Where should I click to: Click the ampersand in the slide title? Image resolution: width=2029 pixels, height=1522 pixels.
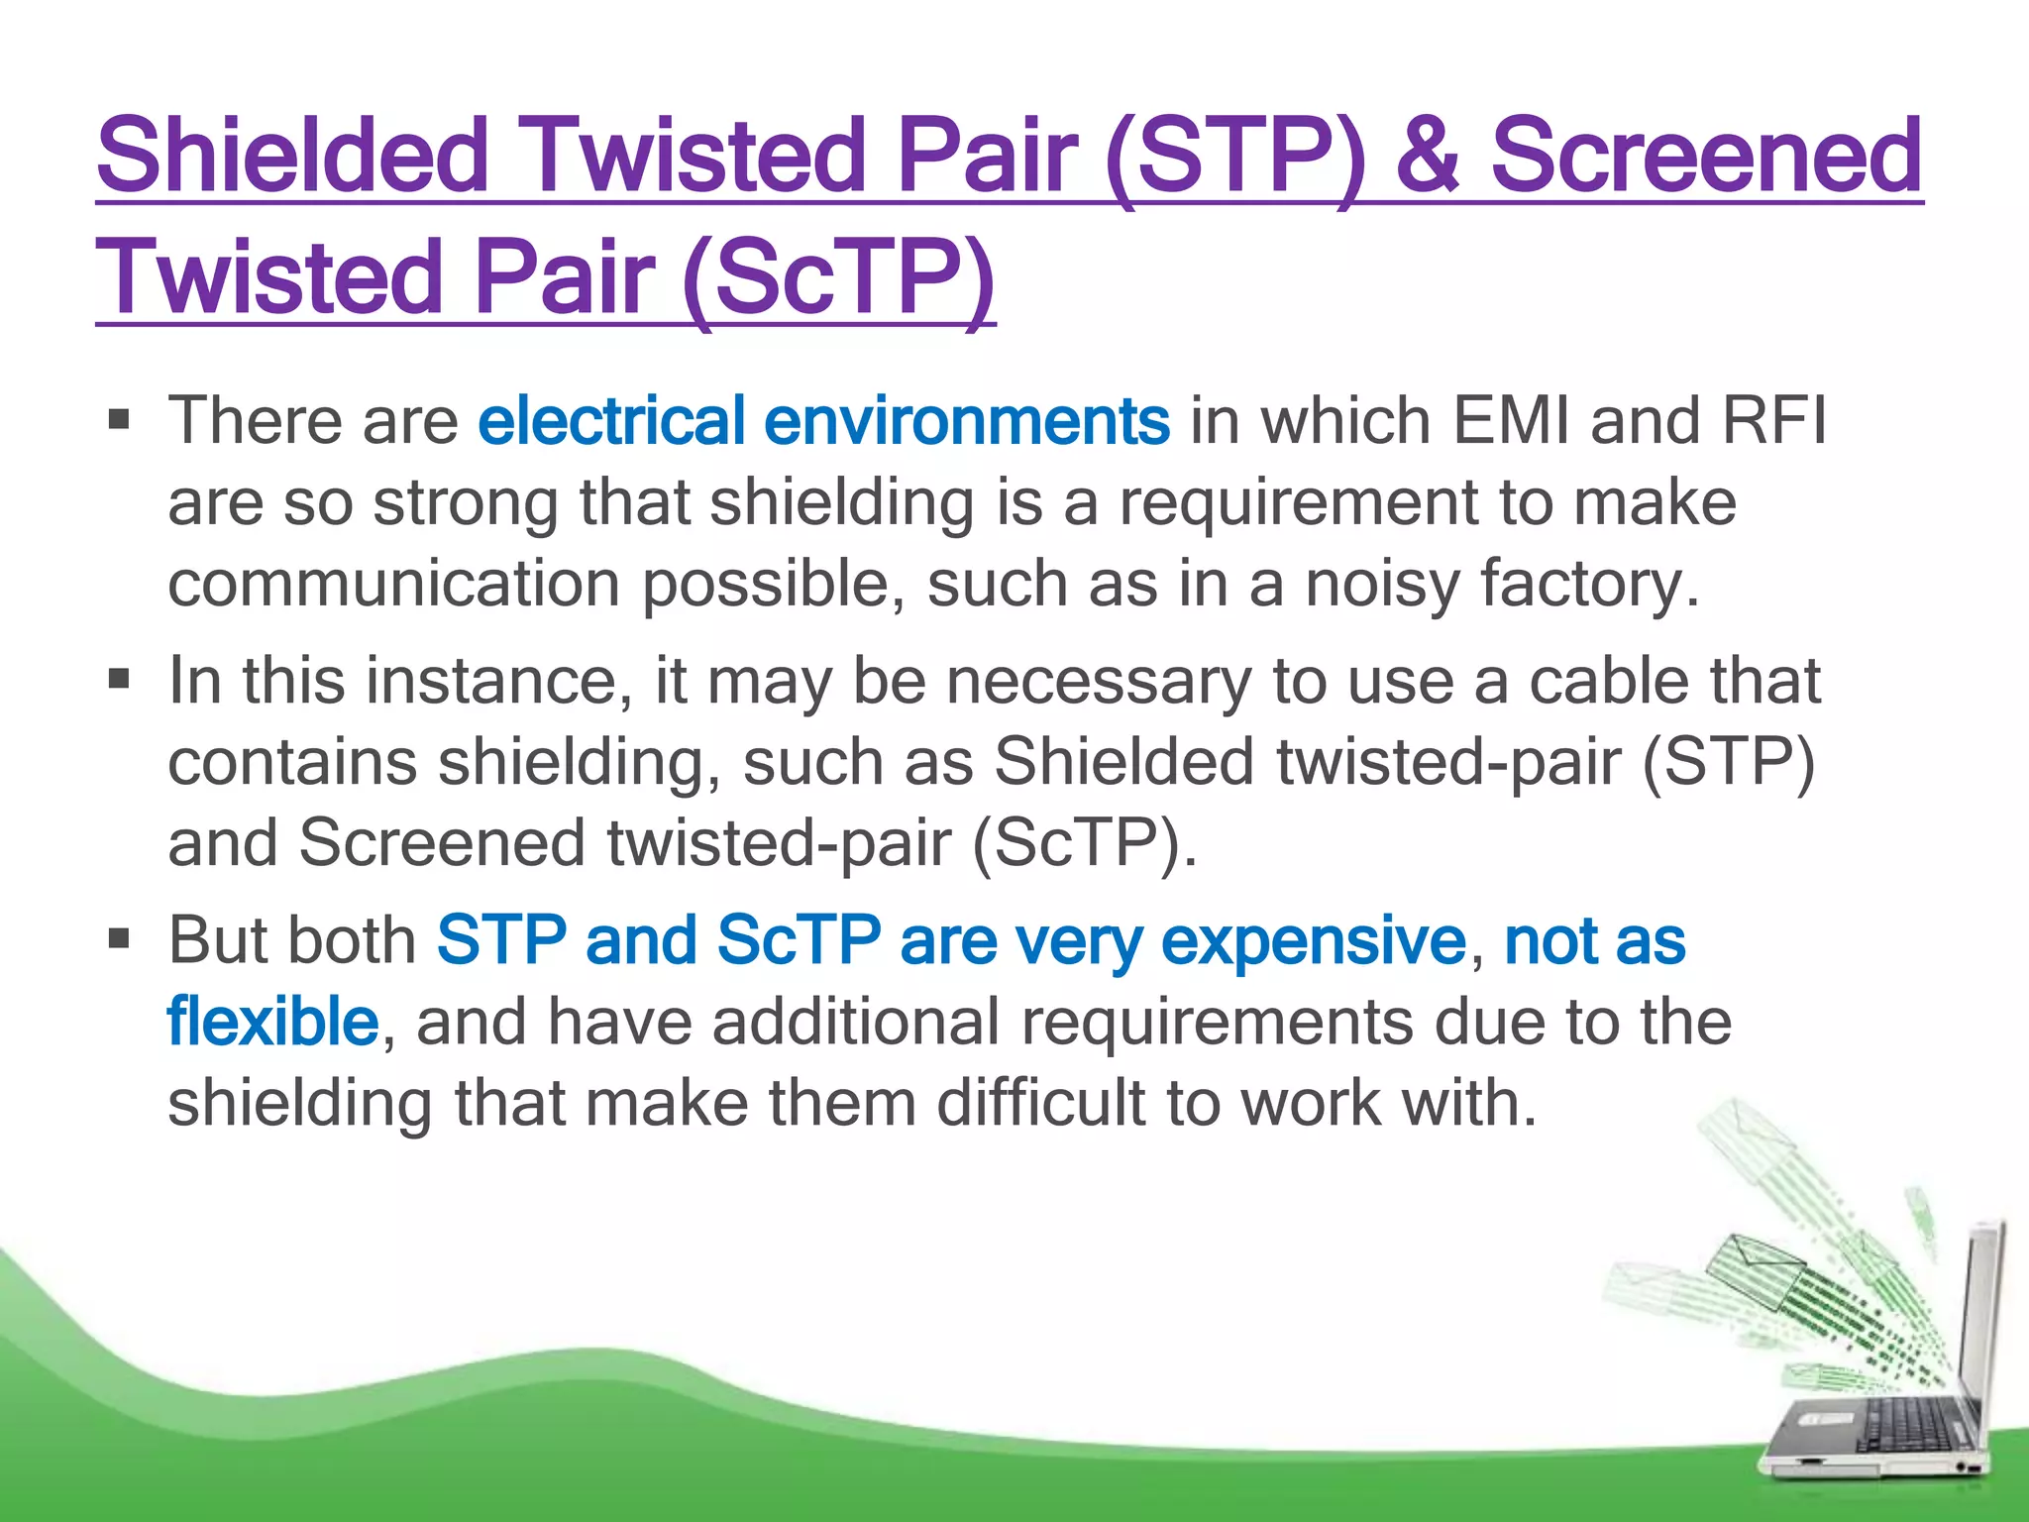point(1427,157)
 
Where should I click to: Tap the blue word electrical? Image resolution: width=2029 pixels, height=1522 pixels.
point(611,421)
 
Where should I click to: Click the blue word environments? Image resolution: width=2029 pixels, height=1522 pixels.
point(967,421)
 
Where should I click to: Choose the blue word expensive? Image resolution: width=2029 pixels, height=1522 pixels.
point(1313,942)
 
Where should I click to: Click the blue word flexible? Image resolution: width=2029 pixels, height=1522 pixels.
point(272,1024)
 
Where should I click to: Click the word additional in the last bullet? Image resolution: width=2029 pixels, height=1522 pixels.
point(856,1024)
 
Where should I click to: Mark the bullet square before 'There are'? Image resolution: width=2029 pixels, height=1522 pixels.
point(120,420)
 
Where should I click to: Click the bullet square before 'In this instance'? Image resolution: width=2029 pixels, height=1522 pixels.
point(120,680)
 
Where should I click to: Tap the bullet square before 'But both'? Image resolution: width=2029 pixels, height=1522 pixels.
point(120,939)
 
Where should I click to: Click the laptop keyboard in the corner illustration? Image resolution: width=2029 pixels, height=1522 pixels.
point(1902,1427)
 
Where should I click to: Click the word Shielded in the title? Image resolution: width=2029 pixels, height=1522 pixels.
point(292,157)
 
